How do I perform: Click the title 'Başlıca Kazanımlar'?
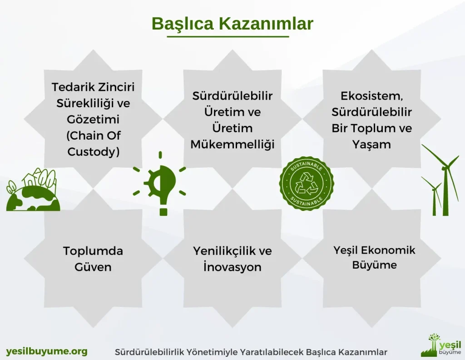232,24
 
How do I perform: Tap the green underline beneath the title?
228,36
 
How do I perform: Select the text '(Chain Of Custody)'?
94,143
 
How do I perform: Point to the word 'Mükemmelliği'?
232,144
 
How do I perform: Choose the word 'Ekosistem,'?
371,96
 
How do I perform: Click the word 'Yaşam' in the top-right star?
371,145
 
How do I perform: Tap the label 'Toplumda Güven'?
93,259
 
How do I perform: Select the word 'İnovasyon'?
232,267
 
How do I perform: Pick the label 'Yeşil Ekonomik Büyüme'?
374,257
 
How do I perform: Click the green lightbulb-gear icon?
159,184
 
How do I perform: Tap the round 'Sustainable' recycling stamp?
307,184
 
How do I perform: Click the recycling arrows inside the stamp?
307,184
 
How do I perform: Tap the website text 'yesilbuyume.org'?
47,351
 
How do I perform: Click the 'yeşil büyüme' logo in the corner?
441,345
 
